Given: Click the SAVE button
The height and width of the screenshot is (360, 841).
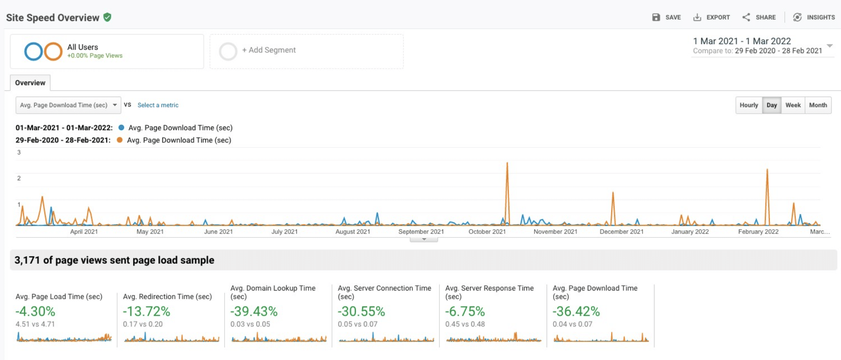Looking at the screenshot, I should pyautogui.click(x=666, y=17).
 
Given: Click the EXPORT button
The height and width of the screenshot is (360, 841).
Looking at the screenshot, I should pyautogui.click(x=712, y=17).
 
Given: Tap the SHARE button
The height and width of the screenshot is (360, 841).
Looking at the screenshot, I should pyautogui.click(x=759, y=17).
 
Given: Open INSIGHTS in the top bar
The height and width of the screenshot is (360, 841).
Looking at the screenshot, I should pyautogui.click(x=814, y=17).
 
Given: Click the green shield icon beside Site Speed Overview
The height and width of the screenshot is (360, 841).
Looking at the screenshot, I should pyautogui.click(x=107, y=17).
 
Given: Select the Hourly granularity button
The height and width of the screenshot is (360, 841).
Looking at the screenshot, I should pyautogui.click(x=748, y=105).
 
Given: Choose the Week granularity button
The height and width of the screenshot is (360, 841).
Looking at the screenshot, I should pyautogui.click(x=793, y=105).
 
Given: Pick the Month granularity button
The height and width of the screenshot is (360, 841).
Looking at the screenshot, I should pyautogui.click(x=818, y=105).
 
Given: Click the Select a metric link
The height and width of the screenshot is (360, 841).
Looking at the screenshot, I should pyautogui.click(x=158, y=105).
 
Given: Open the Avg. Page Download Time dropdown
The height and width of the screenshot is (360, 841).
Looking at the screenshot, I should pyautogui.click(x=68, y=105).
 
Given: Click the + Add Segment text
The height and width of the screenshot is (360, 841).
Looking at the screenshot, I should pyautogui.click(x=269, y=50).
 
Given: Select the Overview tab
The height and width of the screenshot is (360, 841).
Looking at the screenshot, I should pyautogui.click(x=30, y=83).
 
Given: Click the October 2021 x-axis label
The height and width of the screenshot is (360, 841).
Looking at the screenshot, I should pyautogui.click(x=487, y=232).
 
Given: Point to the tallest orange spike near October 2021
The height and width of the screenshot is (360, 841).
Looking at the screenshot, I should pyautogui.click(x=507, y=164).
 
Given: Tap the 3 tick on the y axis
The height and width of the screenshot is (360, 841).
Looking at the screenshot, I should pyautogui.click(x=19, y=152).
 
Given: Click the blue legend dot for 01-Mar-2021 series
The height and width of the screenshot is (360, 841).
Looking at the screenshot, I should pyautogui.click(x=121, y=128).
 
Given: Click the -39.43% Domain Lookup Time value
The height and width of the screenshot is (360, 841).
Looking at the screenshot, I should pyautogui.click(x=254, y=311).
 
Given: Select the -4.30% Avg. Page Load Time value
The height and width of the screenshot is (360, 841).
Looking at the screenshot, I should pyautogui.click(x=35, y=311).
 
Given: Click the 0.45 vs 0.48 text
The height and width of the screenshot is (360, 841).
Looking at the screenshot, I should pyautogui.click(x=465, y=324).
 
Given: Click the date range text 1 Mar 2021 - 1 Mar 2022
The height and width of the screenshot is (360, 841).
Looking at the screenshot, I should pyautogui.click(x=742, y=41).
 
